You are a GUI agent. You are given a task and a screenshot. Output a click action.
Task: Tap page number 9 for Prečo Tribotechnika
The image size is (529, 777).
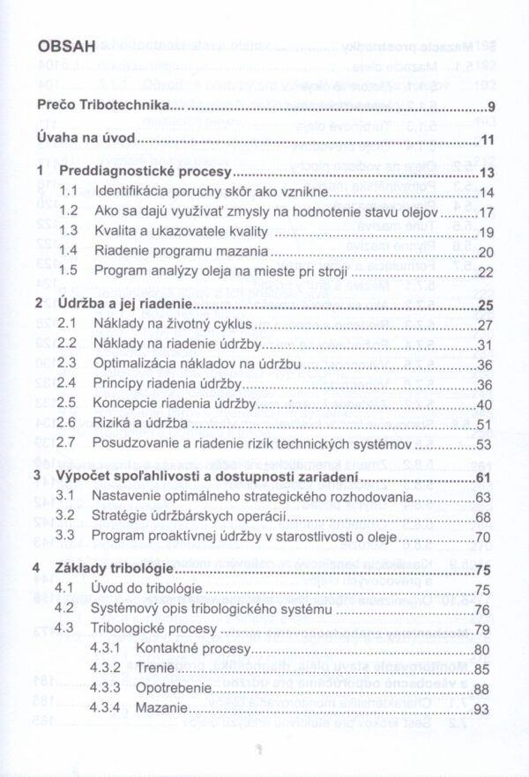(x=490, y=108)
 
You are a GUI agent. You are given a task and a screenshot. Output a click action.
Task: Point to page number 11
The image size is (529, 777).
(x=488, y=141)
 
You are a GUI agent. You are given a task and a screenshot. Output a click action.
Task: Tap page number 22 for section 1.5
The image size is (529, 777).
(x=486, y=271)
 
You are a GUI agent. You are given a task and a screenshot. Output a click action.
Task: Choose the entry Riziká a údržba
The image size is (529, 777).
(x=138, y=424)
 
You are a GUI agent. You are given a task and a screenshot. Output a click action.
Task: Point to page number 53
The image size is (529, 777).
(x=486, y=444)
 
